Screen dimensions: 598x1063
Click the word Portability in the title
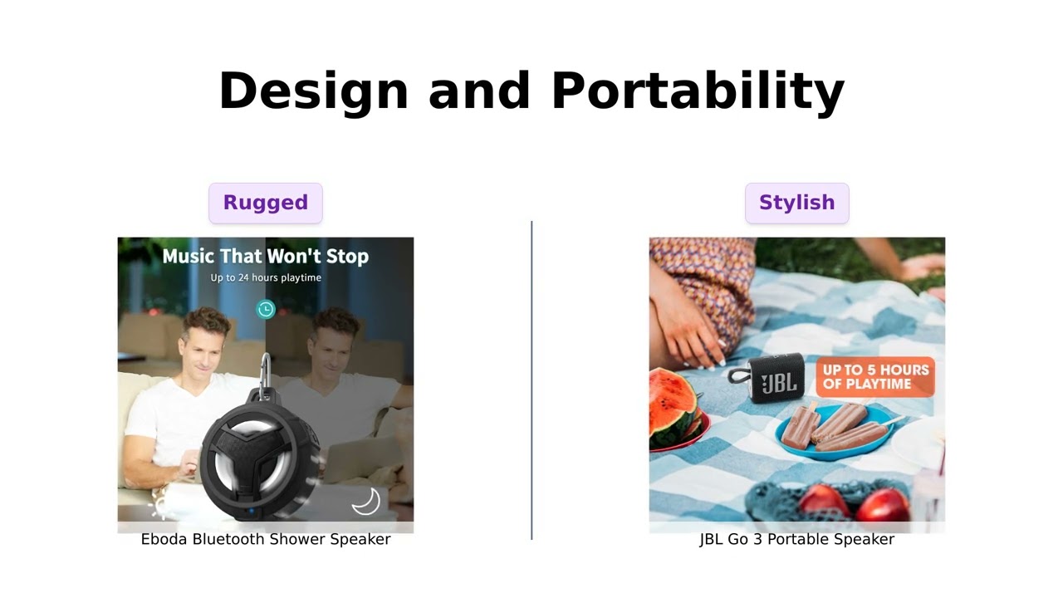click(698, 91)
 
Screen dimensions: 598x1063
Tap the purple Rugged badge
click(266, 203)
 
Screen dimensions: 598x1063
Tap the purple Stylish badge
click(796, 203)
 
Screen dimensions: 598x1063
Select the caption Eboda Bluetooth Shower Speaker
click(266, 540)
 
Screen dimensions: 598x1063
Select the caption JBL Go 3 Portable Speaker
click(796, 540)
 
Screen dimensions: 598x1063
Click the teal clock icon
click(266, 310)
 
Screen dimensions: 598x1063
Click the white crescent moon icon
click(365, 501)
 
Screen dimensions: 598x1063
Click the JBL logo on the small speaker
click(778, 382)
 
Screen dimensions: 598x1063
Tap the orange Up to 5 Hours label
click(875, 377)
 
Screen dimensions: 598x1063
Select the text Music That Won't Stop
click(266, 256)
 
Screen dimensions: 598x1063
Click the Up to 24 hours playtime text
click(266, 277)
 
